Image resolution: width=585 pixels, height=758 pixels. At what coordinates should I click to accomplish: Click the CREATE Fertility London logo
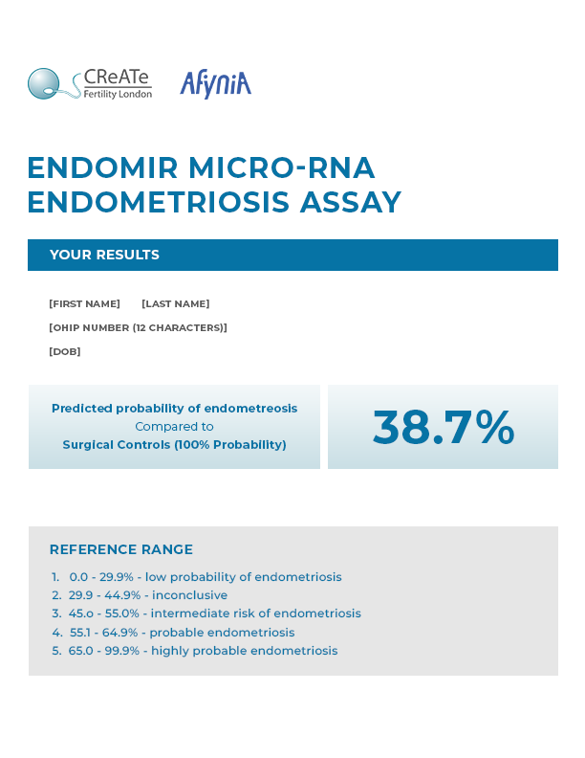click(89, 84)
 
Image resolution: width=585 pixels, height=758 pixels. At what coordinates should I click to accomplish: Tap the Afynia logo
click(215, 84)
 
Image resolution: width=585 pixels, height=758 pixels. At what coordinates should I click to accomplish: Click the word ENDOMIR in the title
click(102, 168)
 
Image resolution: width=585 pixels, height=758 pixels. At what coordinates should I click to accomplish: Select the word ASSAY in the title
click(350, 203)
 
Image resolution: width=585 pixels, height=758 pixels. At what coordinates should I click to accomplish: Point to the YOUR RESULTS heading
click(104, 255)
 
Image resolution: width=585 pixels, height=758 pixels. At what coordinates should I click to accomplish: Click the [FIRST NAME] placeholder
click(84, 304)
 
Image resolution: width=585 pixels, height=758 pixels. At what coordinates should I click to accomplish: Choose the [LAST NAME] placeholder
click(176, 304)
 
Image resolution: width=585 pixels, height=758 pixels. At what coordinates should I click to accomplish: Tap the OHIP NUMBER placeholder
click(138, 328)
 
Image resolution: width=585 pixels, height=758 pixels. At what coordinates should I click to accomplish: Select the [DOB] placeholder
click(65, 352)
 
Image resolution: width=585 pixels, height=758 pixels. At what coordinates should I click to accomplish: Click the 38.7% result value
click(443, 427)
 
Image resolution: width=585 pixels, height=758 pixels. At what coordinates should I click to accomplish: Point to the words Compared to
click(174, 427)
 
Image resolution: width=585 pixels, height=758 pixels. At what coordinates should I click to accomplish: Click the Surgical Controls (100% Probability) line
click(174, 445)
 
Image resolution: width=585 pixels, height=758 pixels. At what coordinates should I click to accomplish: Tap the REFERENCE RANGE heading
click(121, 549)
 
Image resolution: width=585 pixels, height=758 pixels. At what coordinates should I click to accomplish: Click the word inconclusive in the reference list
click(189, 595)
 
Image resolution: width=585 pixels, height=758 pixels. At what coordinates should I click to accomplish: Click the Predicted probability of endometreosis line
click(174, 409)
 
